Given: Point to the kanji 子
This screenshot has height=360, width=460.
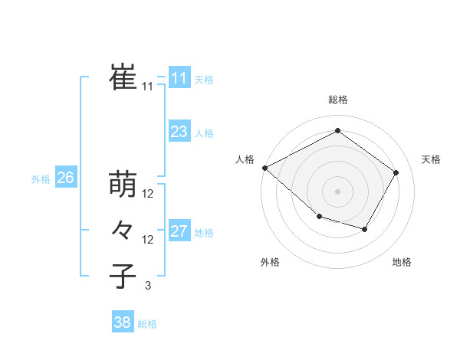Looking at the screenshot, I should tap(123, 275).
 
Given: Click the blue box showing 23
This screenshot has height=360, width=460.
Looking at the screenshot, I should tap(179, 132).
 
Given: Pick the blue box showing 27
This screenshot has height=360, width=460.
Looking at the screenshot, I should tap(179, 231).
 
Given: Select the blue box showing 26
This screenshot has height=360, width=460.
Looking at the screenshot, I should tap(65, 178).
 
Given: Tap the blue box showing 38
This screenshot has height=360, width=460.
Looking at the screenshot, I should tap(122, 322).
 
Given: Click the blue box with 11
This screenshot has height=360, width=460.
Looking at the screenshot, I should tap(179, 78).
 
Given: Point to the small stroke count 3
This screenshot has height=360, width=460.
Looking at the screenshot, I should tap(148, 286).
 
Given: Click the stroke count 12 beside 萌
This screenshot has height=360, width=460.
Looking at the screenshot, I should tap(148, 195).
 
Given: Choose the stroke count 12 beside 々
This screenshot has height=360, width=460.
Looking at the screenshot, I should tap(148, 240).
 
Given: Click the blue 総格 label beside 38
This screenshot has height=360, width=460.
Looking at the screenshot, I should tap(147, 324).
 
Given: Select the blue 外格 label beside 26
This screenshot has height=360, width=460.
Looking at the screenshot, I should tap(41, 179).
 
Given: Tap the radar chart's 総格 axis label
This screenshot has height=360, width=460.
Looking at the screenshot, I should tap(337, 100).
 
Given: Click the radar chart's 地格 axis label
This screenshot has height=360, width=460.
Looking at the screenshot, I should tap(402, 263).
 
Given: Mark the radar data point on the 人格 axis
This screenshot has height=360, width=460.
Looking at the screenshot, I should tap(264, 167).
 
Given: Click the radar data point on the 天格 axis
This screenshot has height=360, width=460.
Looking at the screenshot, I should tap(396, 172).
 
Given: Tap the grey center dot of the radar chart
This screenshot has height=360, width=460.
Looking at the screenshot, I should tap(337, 191).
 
